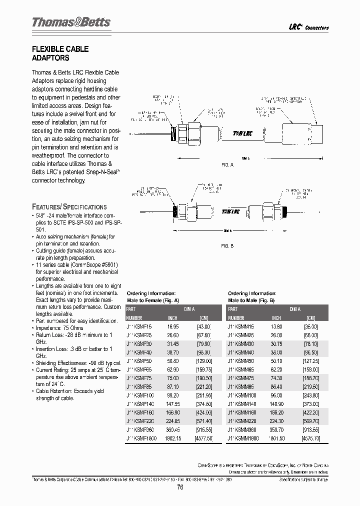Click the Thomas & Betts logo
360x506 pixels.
tap(71, 22)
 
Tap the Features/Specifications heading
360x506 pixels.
tap(69, 206)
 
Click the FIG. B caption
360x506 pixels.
tap(227, 245)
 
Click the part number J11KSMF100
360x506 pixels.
tap(141, 395)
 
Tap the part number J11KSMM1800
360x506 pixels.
tap(243, 438)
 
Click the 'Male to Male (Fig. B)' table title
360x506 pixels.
tap(251, 300)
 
